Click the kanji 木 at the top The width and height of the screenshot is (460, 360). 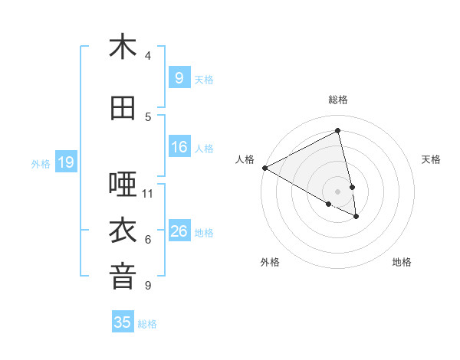(x=123, y=47)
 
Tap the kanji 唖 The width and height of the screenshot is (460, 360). (x=123, y=184)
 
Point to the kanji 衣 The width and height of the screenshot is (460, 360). (x=123, y=231)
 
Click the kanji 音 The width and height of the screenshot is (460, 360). (x=123, y=277)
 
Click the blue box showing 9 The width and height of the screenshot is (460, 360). (x=179, y=78)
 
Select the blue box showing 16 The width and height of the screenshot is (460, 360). (x=179, y=147)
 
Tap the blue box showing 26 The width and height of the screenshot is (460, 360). (x=179, y=231)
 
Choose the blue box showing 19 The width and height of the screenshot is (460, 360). (x=65, y=162)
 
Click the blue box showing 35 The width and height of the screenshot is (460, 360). (x=123, y=322)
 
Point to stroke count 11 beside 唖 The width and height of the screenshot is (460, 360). (x=148, y=193)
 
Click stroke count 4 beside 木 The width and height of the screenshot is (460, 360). (x=148, y=56)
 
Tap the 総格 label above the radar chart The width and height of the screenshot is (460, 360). (x=338, y=100)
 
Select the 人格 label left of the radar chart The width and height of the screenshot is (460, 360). (x=245, y=159)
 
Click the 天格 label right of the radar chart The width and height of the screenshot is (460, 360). (x=431, y=159)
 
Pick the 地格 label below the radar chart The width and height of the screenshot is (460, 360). (x=402, y=262)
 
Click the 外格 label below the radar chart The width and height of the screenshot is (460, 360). (x=270, y=262)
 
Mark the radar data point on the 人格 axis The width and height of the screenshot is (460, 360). (x=264, y=167)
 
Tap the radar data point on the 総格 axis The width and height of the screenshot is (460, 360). (x=338, y=131)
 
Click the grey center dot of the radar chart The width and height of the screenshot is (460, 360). (x=338, y=191)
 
